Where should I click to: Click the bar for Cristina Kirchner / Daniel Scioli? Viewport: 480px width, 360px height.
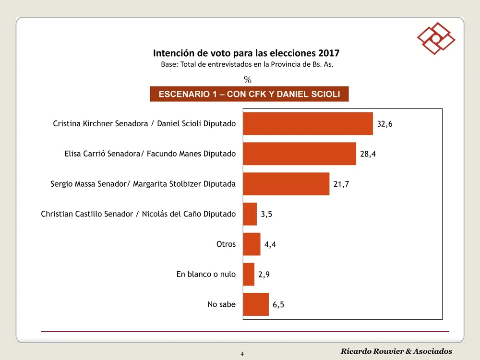[308, 123]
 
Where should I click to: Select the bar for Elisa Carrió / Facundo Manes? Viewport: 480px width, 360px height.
[300, 154]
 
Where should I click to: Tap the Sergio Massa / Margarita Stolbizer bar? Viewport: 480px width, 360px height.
[286, 184]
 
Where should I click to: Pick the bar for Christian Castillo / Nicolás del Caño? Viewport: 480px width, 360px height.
[250, 214]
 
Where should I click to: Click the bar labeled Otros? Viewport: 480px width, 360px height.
[252, 244]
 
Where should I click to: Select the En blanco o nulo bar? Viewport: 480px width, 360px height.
[249, 274]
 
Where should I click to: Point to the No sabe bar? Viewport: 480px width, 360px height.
[256, 304]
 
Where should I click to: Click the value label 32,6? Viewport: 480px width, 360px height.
[385, 124]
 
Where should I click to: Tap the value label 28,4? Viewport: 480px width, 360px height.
[368, 154]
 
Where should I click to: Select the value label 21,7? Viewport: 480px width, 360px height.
[341, 184]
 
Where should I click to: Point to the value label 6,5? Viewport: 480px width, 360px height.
[278, 305]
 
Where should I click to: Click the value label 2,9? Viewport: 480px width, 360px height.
[264, 275]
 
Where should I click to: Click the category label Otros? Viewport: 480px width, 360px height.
[226, 244]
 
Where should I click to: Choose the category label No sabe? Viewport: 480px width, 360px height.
[221, 304]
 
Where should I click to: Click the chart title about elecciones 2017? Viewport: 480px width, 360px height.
[246, 53]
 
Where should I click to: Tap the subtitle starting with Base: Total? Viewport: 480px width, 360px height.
[247, 65]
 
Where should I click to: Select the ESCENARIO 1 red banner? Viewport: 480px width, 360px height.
[249, 94]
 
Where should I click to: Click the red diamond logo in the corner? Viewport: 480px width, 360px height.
[436, 38]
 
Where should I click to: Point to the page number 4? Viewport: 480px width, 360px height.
[242, 354]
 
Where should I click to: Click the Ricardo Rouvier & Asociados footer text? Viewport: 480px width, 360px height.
[396, 351]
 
